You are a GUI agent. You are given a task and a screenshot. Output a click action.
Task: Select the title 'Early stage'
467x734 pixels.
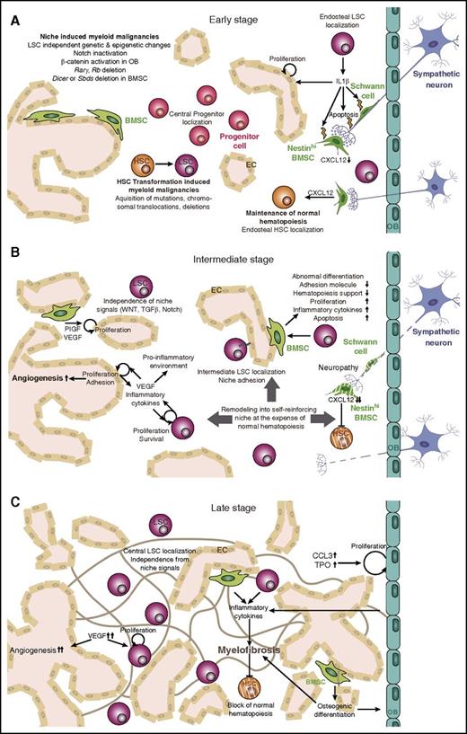click(x=232, y=18)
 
